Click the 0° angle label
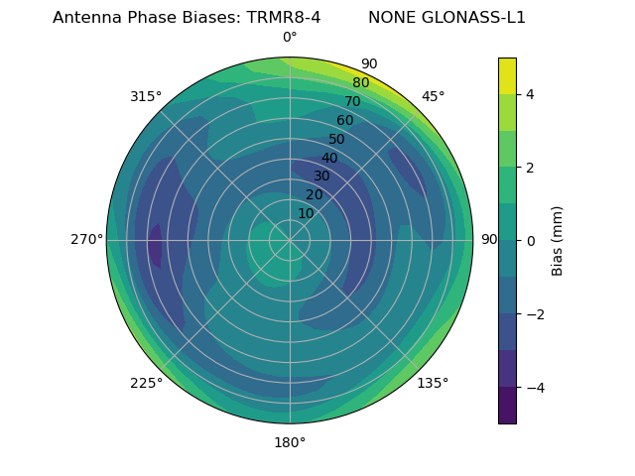click(290, 38)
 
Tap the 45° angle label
click(433, 96)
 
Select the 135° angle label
click(433, 383)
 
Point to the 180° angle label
click(290, 442)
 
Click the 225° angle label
click(146, 383)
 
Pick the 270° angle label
click(86, 239)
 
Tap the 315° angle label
click(146, 96)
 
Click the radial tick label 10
click(306, 213)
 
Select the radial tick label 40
click(329, 158)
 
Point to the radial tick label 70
click(352, 101)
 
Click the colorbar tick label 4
click(531, 94)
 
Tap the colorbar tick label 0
click(531, 240)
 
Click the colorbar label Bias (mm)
click(558, 240)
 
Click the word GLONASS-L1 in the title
click(446, 18)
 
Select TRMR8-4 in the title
click(284, 18)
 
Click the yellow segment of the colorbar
click(507, 75)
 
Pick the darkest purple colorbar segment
click(507, 405)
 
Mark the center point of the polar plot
click(290, 240)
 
